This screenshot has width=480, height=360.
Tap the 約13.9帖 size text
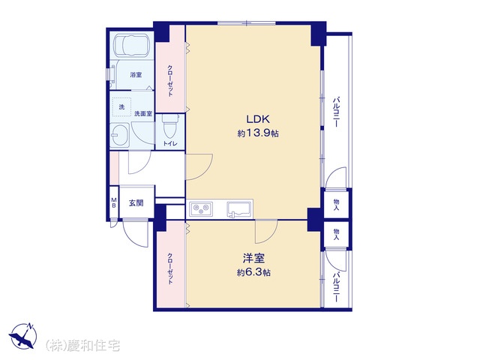pos(258,133)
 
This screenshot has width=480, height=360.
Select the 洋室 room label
pos(253,258)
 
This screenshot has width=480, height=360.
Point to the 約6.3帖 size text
pos(253,272)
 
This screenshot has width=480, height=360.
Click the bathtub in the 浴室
pos(132,45)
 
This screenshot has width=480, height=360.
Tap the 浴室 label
pos(136,75)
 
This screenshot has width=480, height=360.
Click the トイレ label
pos(169,144)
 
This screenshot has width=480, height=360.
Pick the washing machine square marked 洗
pos(121,107)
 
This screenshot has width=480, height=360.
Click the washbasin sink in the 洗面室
pos(120,135)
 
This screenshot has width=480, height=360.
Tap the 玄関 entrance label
pos(136,202)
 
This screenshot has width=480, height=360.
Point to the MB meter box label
pos(113,202)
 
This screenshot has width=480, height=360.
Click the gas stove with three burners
pos(202,209)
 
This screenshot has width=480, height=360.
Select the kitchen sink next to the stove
pos(239,209)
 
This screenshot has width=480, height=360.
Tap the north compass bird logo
pos(22,335)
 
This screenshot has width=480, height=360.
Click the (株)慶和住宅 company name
pos(82,346)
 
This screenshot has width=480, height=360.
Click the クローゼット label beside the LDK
pos(170,80)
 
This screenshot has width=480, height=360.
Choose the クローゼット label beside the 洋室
pos(170,268)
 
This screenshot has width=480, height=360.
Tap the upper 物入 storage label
pos(337,204)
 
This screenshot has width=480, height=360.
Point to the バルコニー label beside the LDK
pos(337,112)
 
